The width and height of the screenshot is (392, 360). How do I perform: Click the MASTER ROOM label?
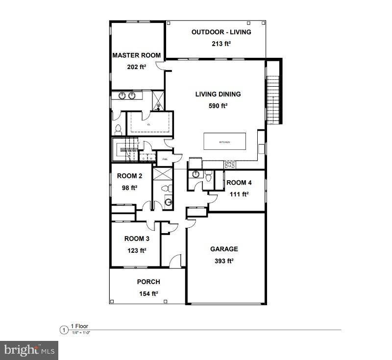[x=136, y=55]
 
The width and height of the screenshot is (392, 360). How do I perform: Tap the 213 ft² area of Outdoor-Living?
[x=221, y=44]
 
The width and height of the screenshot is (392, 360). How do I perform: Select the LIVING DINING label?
[x=218, y=95]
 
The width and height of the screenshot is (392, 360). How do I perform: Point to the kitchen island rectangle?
[x=224, y=142]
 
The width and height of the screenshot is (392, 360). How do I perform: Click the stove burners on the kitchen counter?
[x=229, y=164]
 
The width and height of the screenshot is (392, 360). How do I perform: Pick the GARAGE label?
[x=224, y=249]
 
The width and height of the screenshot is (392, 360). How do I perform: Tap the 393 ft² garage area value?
[x=224, y=261]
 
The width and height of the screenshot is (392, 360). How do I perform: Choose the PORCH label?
[x=148, y=282]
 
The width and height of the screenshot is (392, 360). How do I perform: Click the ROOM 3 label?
[x=137, y=239]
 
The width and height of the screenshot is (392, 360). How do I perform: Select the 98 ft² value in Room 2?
[x=130, y=187]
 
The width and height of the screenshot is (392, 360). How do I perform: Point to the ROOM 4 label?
[x=239, y=183]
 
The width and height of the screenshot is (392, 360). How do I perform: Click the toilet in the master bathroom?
[x=118, y=129]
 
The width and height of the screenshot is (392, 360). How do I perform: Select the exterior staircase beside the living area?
[x=272, y=98]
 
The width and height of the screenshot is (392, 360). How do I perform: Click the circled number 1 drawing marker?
[x=63, y=330]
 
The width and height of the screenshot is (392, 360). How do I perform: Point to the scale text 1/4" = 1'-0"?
[x=81, y=333]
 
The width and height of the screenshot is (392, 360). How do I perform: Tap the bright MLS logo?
[x=29, y=350]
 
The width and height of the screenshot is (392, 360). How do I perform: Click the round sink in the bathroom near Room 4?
[x=196, y=175]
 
